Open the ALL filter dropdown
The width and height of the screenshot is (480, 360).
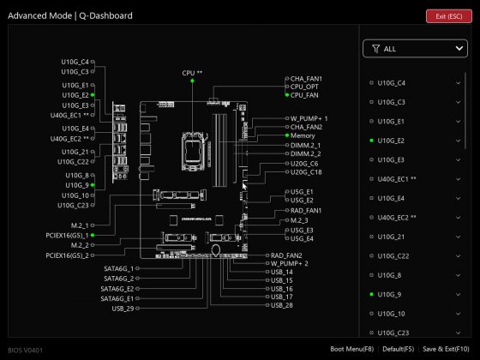tap(413, 49)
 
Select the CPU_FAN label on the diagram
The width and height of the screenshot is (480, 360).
tap(304, 95)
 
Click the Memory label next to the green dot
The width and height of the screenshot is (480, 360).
tap(303, 135)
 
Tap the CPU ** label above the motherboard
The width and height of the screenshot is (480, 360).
tap(192, 73)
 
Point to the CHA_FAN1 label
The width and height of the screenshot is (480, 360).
tap(306, 78)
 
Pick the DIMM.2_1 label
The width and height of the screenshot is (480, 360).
tap(305, 146)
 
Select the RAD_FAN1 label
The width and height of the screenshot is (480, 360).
tap(306, 210)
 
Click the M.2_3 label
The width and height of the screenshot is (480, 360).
tap(300, 220)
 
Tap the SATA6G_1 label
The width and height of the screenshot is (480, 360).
tap(120, 268)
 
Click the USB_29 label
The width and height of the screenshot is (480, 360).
tap(123, 308)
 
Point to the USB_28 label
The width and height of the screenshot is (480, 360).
tap(281, 305)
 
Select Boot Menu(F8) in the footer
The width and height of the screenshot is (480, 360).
tap(352, 349)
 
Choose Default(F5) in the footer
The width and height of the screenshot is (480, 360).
tap(399, 349)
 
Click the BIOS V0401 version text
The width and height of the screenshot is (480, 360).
tap(26, 350)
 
